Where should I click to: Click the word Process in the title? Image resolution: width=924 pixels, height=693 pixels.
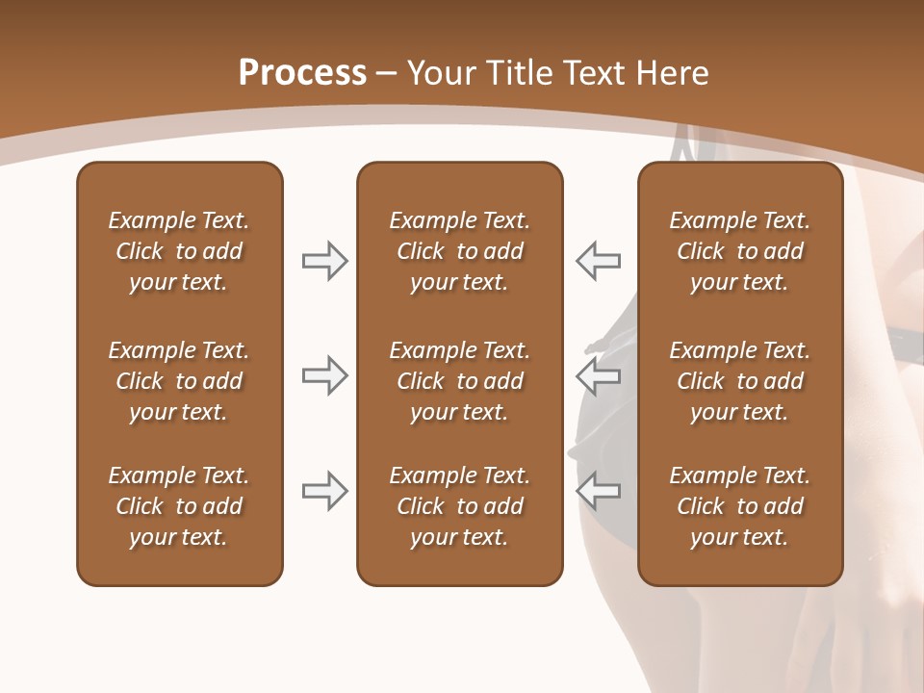302,73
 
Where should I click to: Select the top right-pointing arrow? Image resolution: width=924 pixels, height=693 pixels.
324,261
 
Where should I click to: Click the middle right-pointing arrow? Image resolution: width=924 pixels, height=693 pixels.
324,375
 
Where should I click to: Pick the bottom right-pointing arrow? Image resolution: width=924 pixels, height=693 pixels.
324,491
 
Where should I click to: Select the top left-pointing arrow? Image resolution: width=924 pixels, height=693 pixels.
599,261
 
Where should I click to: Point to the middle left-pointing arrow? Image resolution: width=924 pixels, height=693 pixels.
599,375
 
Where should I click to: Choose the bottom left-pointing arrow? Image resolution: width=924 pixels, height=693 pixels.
599,491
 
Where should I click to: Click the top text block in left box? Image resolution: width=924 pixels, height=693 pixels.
179,251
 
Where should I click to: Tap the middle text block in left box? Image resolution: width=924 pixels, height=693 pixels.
179,381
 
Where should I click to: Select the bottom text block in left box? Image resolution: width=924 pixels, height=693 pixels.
179,506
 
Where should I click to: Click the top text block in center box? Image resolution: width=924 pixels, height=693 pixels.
459,251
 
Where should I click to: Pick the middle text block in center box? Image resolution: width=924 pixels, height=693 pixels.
459,381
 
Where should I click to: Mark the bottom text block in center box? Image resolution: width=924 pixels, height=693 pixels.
459,506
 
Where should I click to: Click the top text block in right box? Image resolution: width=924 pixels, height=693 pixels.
739,251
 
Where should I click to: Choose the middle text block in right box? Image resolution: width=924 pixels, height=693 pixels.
739,381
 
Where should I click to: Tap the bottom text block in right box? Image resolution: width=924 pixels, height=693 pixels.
739,506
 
